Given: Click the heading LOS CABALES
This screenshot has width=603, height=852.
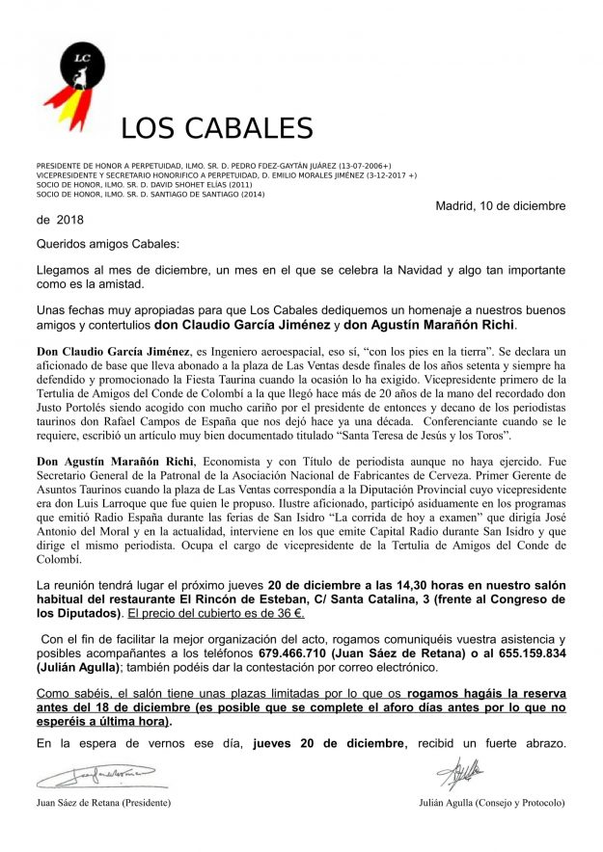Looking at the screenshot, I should [x=217, y=129].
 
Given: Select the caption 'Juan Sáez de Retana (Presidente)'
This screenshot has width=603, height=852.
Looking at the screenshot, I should [x=104, y=803].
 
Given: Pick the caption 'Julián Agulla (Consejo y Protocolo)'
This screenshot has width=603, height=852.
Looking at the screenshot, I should [x=492, y=803].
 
